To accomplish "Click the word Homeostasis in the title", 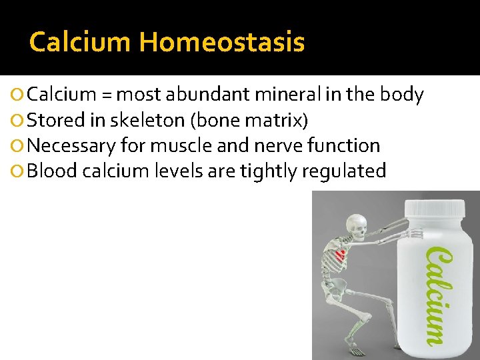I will click(x=221, y=43).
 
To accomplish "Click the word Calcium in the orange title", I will click(x=80, y=43).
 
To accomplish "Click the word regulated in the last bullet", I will click(x=344, y=171).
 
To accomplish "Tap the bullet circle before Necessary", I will click(x=20, y=146).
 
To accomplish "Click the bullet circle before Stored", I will click(x=20, y=121).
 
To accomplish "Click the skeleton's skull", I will click(x=359, y=227).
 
